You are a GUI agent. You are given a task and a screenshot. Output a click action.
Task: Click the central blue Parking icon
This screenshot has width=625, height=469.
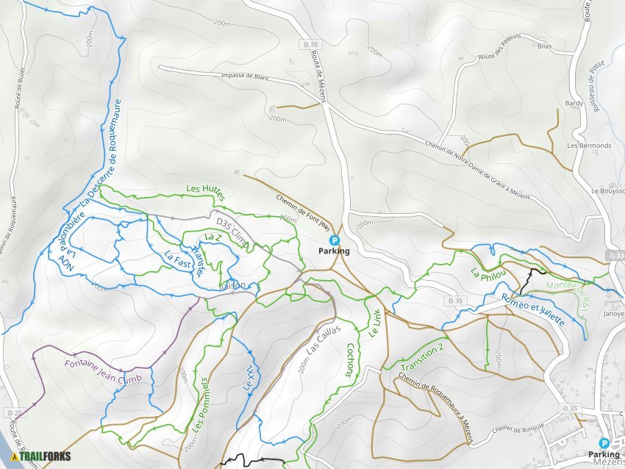tap(334, 240)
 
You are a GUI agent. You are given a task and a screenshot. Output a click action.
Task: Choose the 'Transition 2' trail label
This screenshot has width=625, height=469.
tap(424, 356)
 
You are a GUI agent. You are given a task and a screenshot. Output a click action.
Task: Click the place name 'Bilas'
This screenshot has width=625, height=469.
tap(544, 46)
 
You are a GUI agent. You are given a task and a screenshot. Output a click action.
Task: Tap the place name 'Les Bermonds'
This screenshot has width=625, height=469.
tap(589, 146)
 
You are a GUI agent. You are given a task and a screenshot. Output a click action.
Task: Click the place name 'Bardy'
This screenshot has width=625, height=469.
tap(574, 104)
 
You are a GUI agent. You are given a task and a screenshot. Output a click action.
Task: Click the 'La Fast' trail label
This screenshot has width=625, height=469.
tap(179, 259)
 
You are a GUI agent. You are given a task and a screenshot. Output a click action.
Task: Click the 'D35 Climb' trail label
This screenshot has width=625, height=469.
tap(232, 229)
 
